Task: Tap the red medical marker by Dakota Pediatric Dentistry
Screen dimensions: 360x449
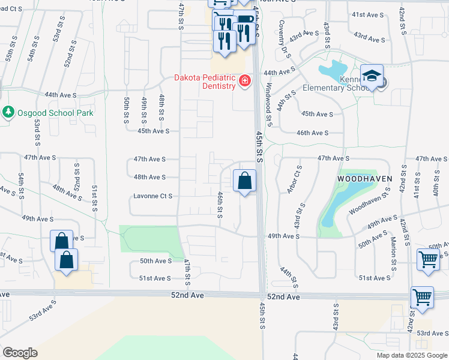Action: pyautogui.click(x=244, y=81)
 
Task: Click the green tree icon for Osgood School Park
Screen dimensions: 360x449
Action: pyautogui.click(x=8, y=112)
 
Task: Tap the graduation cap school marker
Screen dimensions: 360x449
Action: pyautogui.click(x=372, y=76)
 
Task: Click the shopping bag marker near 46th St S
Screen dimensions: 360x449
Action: pyautogui.click(x=244, y=181)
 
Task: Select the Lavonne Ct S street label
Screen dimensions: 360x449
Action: pyautogui.click(x=153, y=196)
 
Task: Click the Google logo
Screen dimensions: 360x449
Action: pyautogui.click(x=20, y=353)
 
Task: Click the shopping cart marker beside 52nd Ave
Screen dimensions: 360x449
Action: pyautogui.click(x=422, y=298)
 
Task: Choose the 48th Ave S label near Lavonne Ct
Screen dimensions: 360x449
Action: pyautogui.click(x=149, y=177)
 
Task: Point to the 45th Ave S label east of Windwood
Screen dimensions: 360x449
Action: pyautogui.click(x=317, y=113)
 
